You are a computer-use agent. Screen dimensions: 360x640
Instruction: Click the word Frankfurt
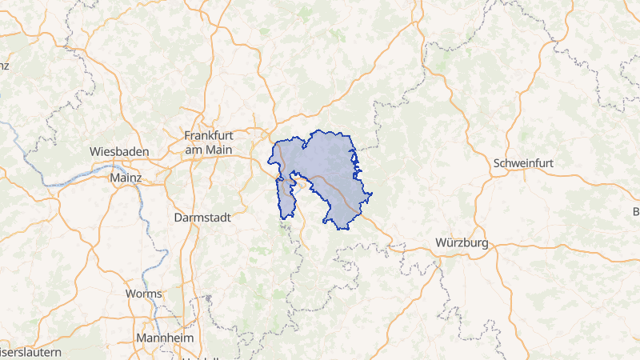(x=209, y=135)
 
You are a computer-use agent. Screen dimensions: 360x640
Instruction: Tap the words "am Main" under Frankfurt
(x=208, y=149)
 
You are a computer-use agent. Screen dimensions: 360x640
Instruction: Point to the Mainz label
(x=126, y=177)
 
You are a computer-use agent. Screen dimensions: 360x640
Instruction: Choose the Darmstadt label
(x=202, y=217)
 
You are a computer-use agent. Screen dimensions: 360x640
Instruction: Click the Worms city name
(x=143, y=294)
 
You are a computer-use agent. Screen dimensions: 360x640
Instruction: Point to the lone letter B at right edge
(x=636, y=212)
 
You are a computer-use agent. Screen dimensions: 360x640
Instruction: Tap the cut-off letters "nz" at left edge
(x=4, y=65)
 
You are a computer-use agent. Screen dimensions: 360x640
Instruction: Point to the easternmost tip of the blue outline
(x=373, y=194)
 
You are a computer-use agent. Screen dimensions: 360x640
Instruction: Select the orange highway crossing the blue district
(x=336, y=190)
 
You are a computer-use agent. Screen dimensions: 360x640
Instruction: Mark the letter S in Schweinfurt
(x=498, y=162)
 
